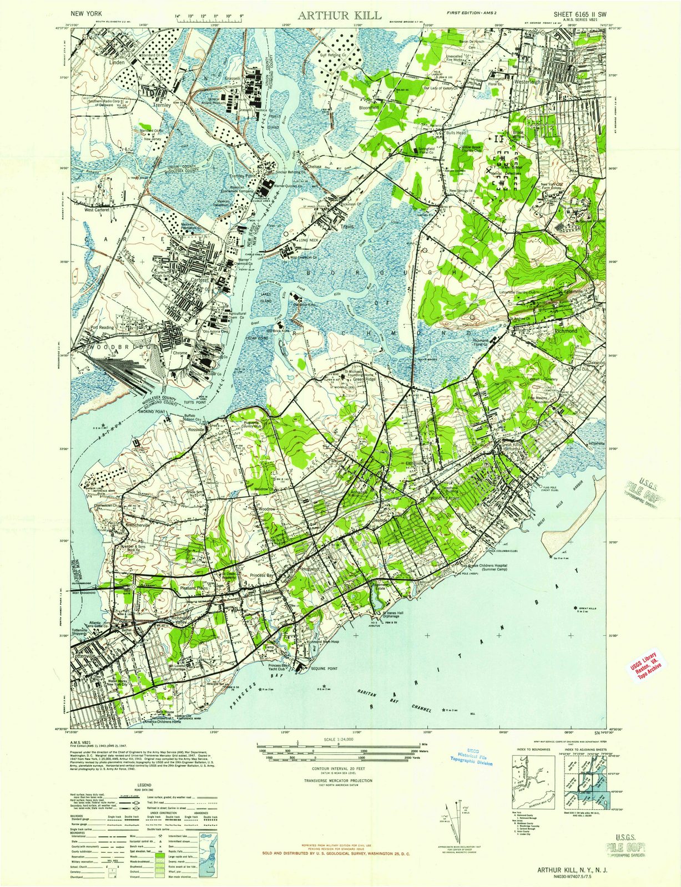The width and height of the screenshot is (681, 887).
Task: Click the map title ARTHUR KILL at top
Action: [340, 15]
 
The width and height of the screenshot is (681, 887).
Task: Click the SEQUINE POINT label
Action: [325, 669]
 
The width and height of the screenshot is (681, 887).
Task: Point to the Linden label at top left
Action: [117, 63]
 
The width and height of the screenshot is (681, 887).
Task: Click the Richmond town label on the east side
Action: [566, 330]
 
